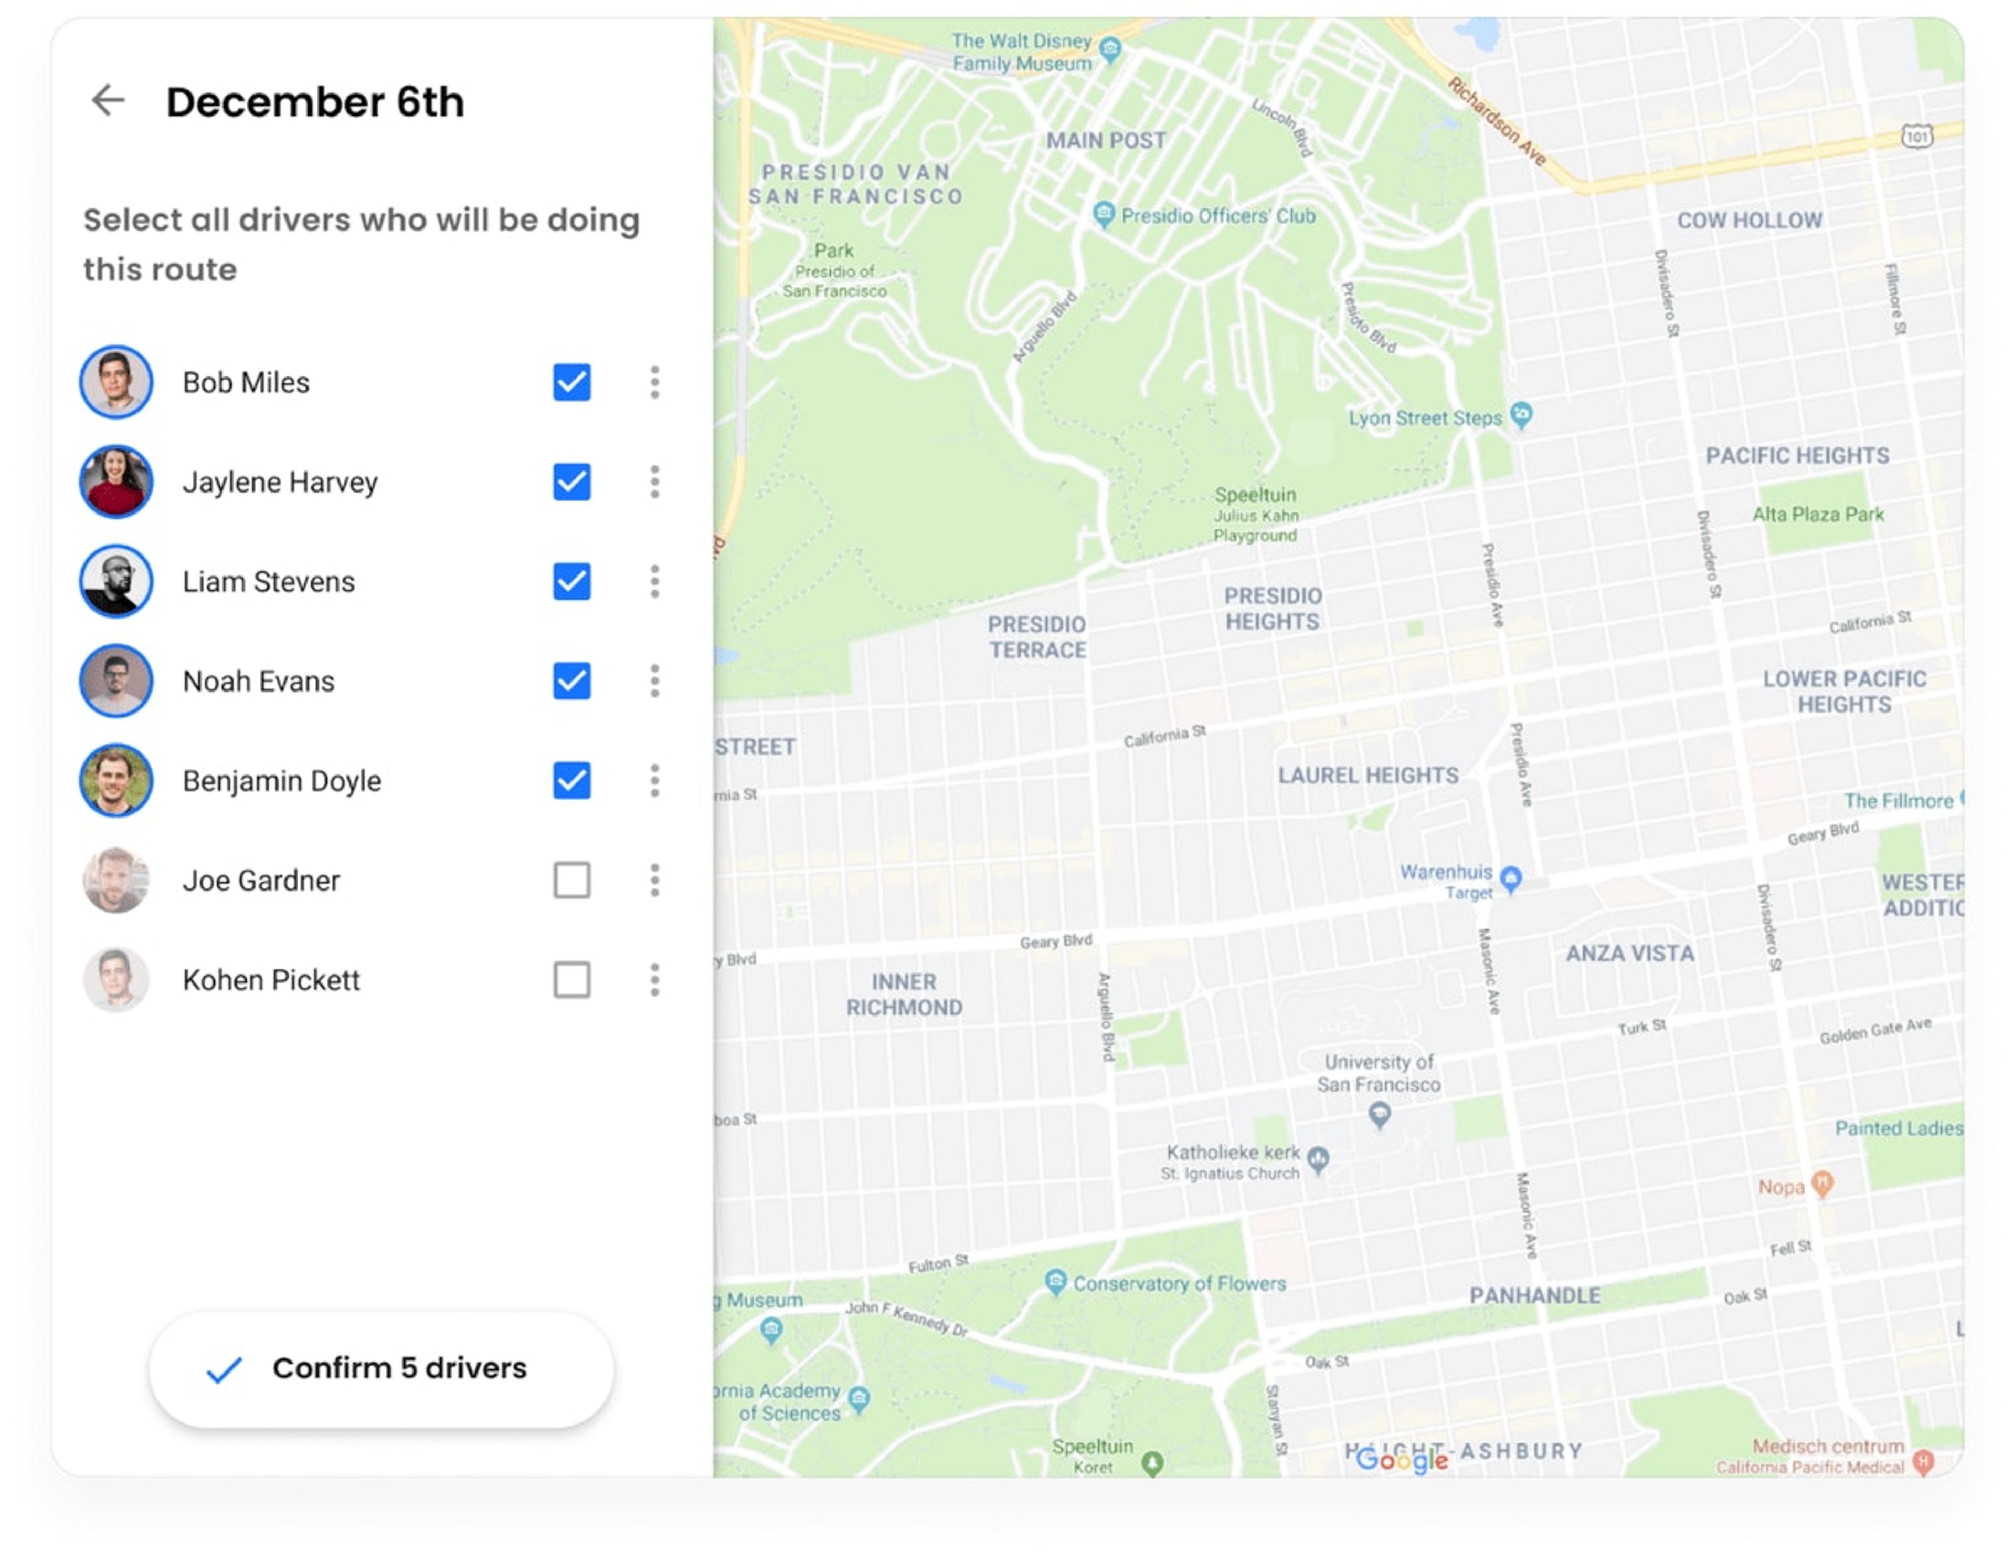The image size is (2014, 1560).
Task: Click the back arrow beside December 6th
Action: coord(108,100)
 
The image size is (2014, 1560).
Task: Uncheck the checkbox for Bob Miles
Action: coord(572,382)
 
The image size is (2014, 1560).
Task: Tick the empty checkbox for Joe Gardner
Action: coord(572,880)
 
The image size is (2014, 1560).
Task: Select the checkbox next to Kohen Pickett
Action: coord(572,980)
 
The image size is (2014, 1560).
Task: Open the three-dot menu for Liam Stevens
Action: coord(655,581)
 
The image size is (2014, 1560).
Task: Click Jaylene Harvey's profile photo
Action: coord(116,481)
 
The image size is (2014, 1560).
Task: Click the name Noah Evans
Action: coord(258,682)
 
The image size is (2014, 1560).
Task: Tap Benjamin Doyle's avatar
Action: coord(116,780)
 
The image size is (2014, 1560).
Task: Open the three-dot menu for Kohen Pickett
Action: coord(655,980)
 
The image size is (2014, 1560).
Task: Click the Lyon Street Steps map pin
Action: coord(1522,414)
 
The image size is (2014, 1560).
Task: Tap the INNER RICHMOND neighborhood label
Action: coord(904,994)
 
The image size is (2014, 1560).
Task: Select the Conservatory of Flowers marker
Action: coord(1056,1281)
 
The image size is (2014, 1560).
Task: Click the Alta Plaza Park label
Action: coord(1818,515)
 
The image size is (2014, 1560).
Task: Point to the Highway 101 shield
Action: coord(1917,137)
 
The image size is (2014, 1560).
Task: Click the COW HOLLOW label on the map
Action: coord(1750,221)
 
